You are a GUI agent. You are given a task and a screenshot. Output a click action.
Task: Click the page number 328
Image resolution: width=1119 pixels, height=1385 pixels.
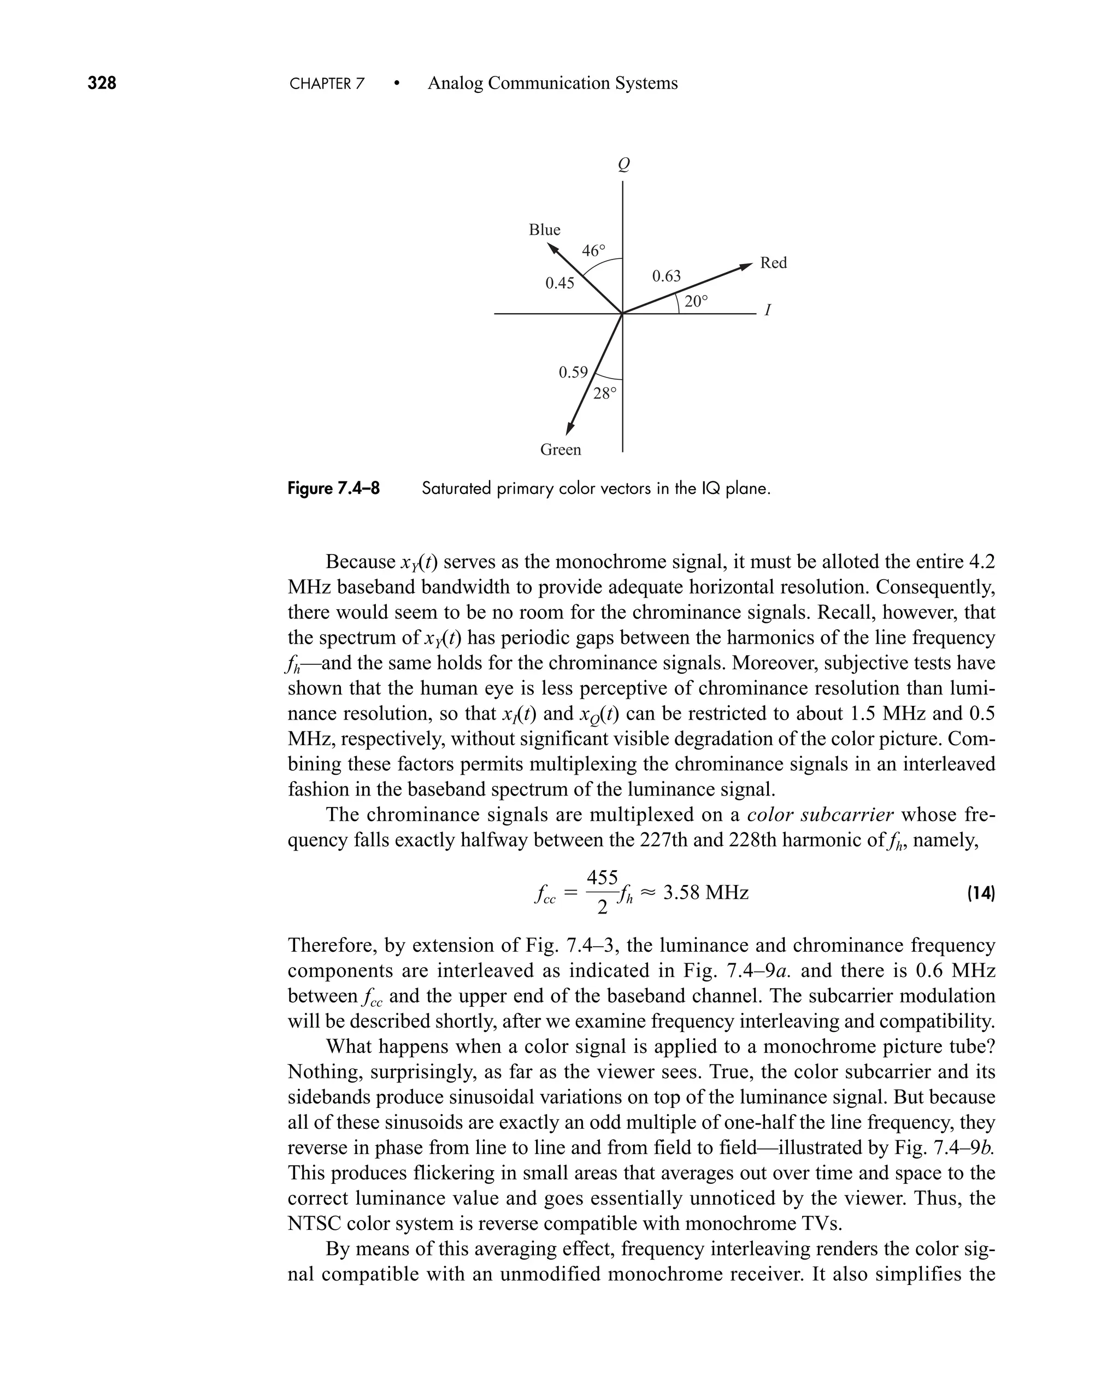click(x=102, y=83)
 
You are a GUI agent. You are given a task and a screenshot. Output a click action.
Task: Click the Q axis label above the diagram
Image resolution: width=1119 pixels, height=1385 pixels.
click(x=623, y=165)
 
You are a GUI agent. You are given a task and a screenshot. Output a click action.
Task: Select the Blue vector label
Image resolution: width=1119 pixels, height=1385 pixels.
click(x=544, y=230)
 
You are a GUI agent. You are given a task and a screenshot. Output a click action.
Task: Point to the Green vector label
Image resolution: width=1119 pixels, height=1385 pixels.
click(x=560, y=450)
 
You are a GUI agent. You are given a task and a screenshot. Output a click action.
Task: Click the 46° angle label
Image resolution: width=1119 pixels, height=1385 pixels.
click(x=594, y=251)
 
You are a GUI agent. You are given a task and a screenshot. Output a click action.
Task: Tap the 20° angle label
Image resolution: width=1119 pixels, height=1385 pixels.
click(x=696, y=301)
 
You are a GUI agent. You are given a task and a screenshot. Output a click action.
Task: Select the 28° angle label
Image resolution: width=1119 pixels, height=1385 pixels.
click(x=605, y=393)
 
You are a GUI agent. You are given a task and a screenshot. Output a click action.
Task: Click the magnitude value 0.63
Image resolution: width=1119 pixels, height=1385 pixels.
click(x=666, y=276)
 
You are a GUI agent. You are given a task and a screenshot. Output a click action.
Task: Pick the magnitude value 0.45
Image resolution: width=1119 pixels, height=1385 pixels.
click(x=559, y=283)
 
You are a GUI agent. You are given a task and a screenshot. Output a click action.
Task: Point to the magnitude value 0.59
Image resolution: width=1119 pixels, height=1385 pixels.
click(x=573, y=373)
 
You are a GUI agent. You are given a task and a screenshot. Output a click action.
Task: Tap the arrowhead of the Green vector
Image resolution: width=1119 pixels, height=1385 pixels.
click(x=569, y=428)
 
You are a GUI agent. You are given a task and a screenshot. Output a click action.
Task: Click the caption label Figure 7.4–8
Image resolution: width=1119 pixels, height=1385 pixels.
click(x=333, y=488)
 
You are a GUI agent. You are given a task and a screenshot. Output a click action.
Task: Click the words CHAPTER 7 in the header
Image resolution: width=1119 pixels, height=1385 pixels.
click(x=327, y=84)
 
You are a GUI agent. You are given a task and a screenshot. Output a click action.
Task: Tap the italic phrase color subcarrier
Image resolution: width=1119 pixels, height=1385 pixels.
click(x=820, y=815)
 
